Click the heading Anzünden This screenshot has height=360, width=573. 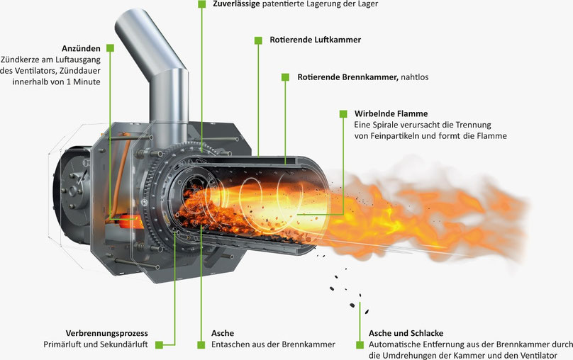[x=81, y=49]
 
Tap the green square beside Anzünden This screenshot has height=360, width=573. [x=110, y=48]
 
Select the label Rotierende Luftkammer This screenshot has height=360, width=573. [x=316, y=40]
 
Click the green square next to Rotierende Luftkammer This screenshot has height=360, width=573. [x=258, y=40]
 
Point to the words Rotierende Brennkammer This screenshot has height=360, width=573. [x=347, y=77]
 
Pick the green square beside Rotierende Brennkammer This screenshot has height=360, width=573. [x=285, y=77]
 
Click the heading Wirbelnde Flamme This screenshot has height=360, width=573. [x=391, y=113]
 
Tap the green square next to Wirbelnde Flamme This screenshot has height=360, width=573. [x=343, y=114]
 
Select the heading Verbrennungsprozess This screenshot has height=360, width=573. [x=106, y=333]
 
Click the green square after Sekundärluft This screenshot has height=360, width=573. [x=159, y=344]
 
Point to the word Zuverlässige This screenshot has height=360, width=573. [x=236, y=4]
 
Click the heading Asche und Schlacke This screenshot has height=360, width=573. [x=406, y=333]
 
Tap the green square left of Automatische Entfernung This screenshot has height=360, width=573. [x=360, y=344]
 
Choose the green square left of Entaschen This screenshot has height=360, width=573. [x=201, y=344]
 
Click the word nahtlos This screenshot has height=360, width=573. [x=415, y=77]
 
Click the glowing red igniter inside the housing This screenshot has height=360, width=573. [x=128, y=222]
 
